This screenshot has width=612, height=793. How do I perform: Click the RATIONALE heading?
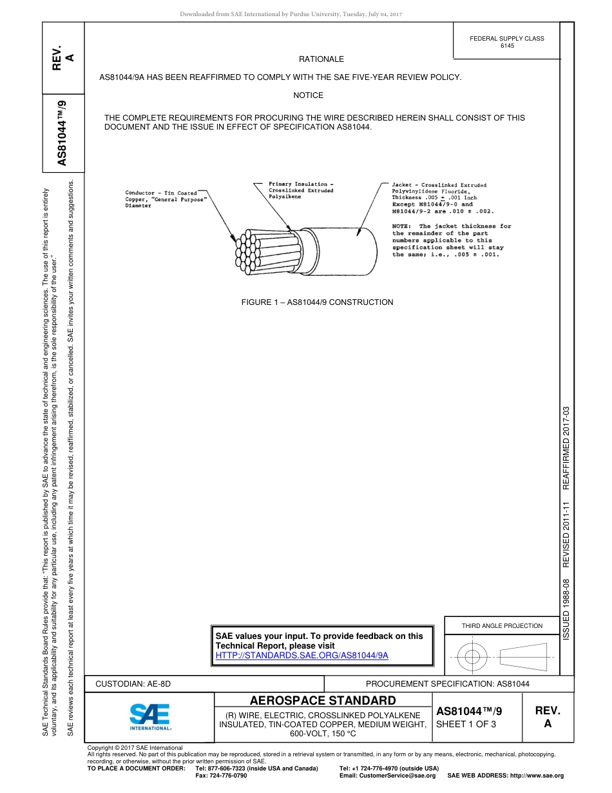point(321,59)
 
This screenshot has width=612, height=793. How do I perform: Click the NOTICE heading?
point(308,95)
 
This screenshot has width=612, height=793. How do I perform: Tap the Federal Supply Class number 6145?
point(507,46)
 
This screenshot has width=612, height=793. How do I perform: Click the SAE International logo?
point(150,716)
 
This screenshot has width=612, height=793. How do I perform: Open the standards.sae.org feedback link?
point(301,655)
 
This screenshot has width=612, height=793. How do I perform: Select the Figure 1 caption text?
point(317,302)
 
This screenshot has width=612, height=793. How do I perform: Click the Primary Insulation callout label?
point(301,190)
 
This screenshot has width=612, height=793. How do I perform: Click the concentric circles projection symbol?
point(472,657)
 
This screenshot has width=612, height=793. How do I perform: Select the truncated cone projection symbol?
point(522,657)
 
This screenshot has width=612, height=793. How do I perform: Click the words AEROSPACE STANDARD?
point(323,701)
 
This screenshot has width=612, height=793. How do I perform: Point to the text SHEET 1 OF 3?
point(466,724)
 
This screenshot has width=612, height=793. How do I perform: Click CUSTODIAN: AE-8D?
point(133,683)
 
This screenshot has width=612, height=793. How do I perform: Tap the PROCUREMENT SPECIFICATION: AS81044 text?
point(447,683)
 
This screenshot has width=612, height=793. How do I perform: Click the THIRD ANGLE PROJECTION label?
point(502,625)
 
